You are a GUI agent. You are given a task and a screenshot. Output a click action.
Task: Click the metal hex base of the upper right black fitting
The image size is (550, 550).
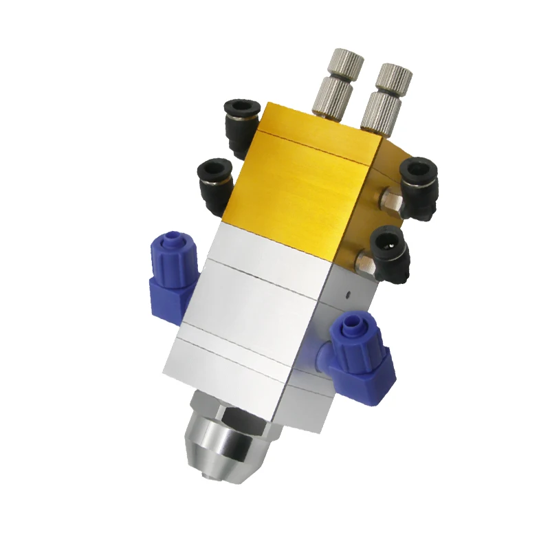coord(390,199)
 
